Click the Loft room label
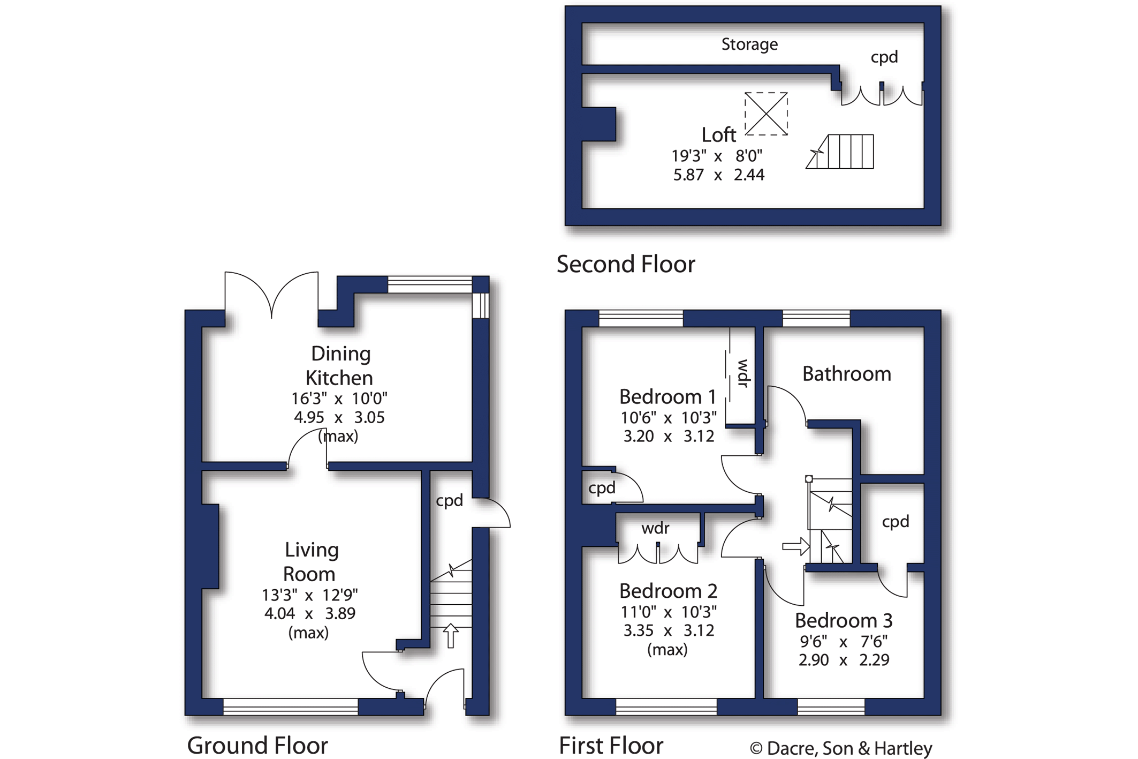(719, 135)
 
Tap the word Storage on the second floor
(749, 44)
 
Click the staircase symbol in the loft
(840, 152)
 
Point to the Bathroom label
(846, 374)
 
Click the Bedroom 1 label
(667, 397)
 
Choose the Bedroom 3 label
(844, 621)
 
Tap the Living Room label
(310, 562)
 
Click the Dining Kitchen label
(339, 366)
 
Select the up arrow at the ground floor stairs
(451, 636)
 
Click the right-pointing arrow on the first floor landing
(796, 547)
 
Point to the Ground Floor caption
(257, 746)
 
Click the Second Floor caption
(626, 264)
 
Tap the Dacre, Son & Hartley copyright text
(841, 748)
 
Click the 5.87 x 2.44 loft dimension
(719, 175)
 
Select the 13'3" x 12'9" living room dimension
(310, 595)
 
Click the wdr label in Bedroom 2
(655, 529)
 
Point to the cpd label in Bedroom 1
(602, 489)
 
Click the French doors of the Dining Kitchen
(272, 295)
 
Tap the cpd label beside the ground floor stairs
(449, 501)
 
